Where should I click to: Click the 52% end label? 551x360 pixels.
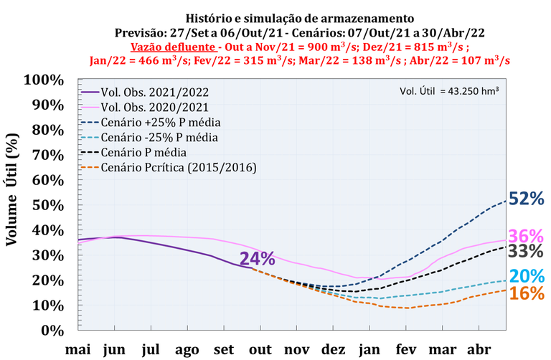[527, 199]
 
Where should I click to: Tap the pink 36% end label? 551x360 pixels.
[527, 236]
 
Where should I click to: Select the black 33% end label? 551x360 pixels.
[527, 251]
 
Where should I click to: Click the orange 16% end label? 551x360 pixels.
[527, 293]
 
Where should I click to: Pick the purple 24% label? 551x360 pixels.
[257, 259]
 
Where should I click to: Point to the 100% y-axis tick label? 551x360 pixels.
[44, 79]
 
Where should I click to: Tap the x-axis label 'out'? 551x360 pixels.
[260, 349]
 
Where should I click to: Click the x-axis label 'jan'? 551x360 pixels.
[369, 349]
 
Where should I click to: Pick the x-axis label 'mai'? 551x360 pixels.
[77, 349]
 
